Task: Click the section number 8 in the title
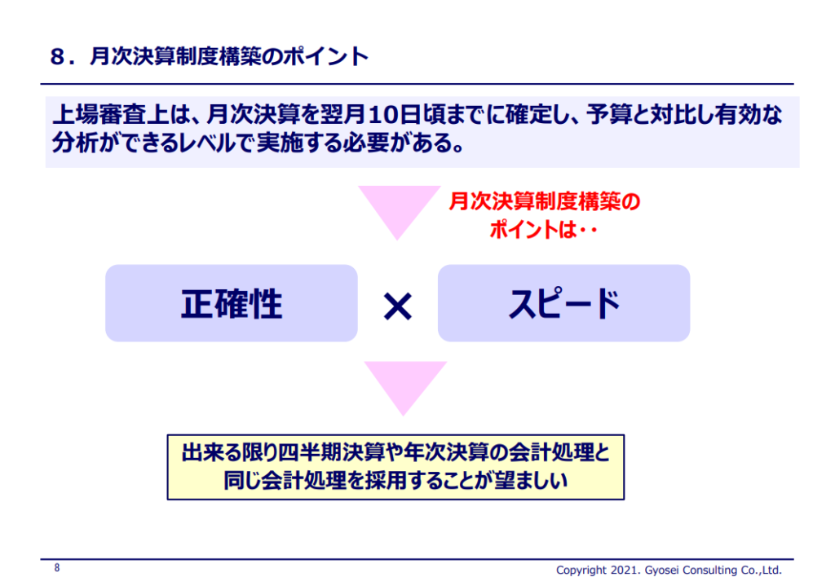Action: coord(58,56)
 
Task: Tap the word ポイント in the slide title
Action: coord(325,56)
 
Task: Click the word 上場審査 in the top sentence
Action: coord(97,115)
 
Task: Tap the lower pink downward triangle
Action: coord(404,388)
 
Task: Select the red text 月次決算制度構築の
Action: coord(544,202)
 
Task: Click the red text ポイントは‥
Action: coord(542,230)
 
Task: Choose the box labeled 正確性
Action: coord(231,303)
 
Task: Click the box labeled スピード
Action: coord(563,303)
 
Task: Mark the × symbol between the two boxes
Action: coord(398,306)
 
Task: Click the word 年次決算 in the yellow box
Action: coord(446,452)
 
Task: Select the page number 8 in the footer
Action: coord(57,568)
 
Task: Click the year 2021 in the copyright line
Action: coord(625,570)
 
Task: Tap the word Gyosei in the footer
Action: coord(660,570)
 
